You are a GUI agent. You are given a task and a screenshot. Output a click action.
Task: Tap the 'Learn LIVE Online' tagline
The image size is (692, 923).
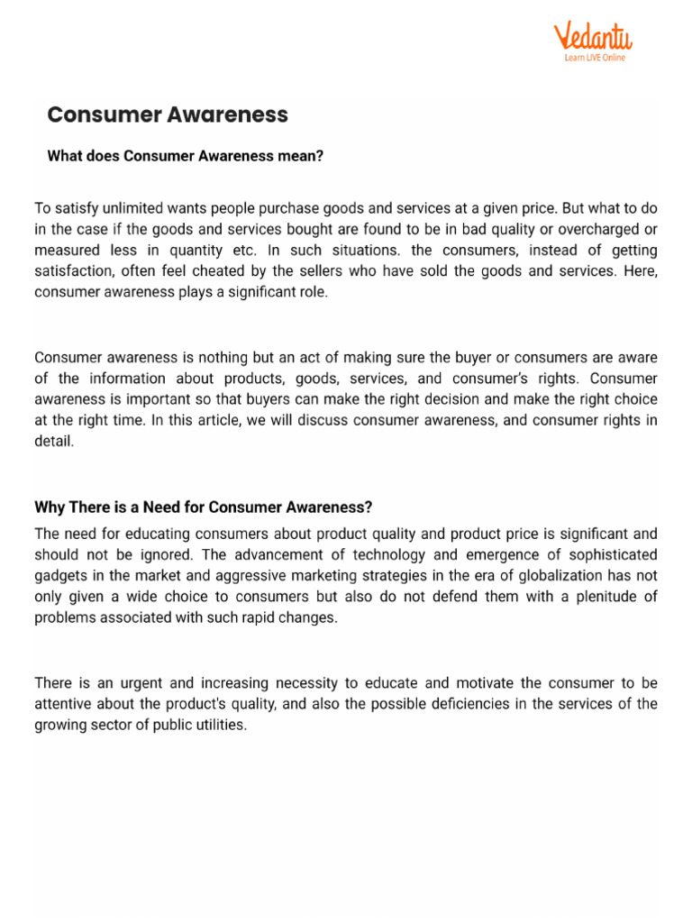594,58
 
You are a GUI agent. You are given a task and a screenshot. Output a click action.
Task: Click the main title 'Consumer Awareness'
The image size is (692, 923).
168,114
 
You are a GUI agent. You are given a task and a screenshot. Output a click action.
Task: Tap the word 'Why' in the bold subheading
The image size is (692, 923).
50,507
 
